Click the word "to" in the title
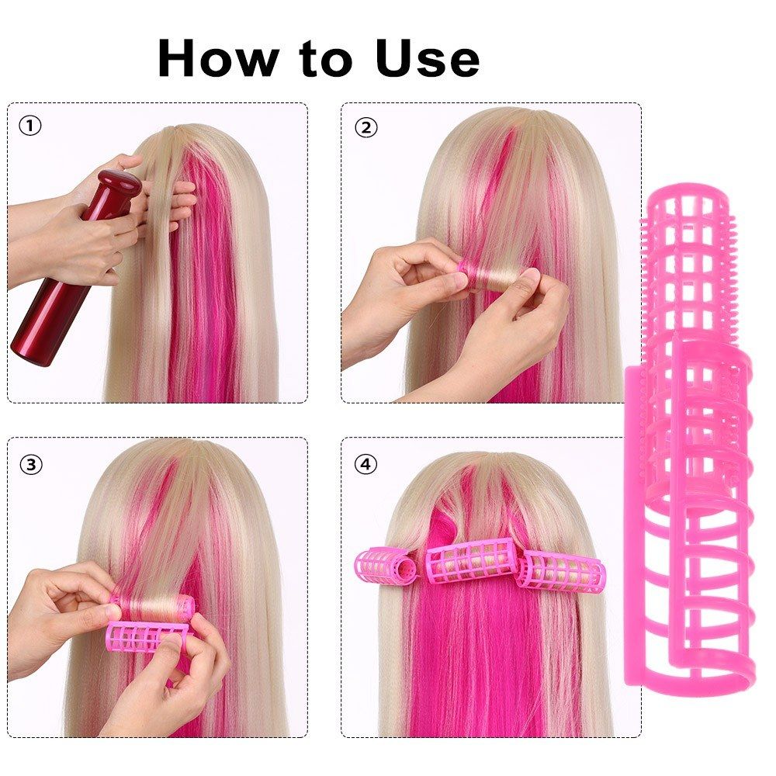pyautogui.click(x=318, y=59)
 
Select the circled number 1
pyautogui.click(x=30, y=125)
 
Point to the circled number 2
pyautogui.click(x=365, y=126)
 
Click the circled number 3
pyautogui.click(x=30, y=464)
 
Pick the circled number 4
pyautogui.click(x=365, y=464)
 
